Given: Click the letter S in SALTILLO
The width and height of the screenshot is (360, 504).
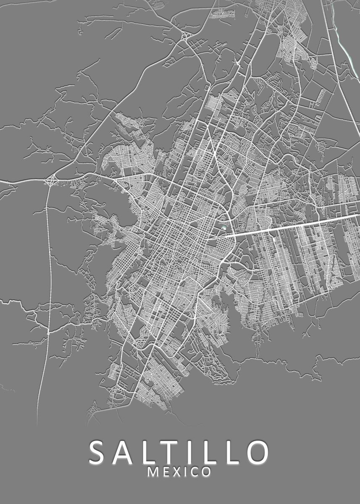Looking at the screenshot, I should coord(99,452).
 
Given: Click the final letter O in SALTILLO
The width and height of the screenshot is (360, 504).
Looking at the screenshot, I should coord(256,452).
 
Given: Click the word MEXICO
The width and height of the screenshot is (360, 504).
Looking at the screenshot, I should coord(179,472).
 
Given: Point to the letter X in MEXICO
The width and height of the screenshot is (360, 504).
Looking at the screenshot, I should coord(176,472).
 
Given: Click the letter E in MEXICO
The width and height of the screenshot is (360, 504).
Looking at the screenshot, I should coord(165,472).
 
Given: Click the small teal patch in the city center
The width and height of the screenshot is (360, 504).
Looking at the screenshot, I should coord(224,228).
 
